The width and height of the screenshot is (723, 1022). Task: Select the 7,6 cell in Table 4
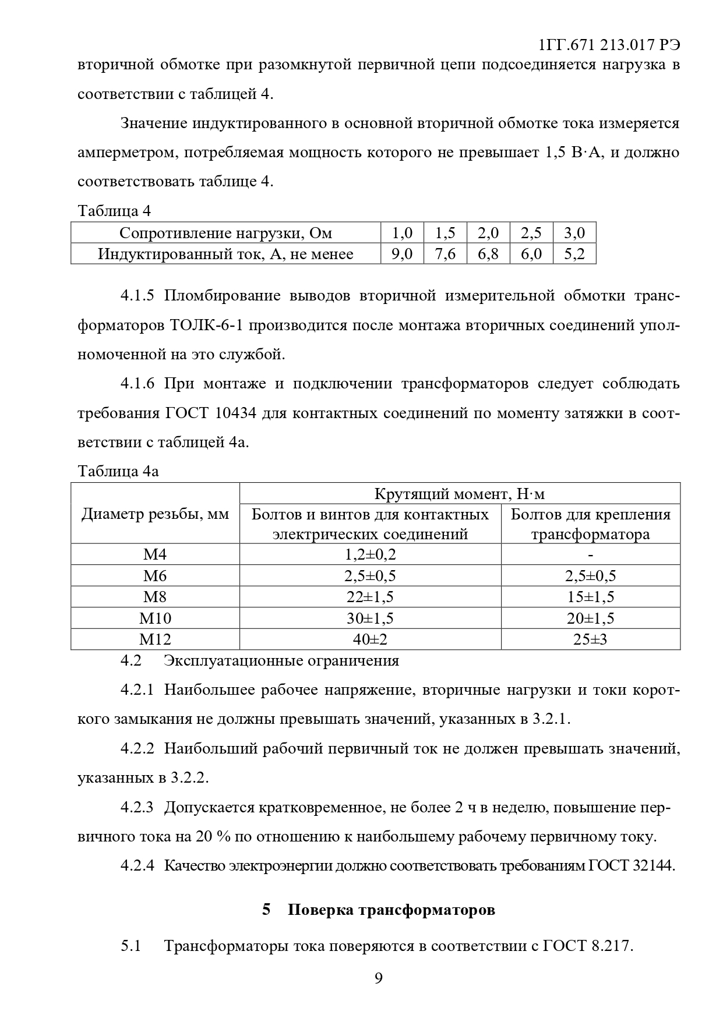click(445, 254)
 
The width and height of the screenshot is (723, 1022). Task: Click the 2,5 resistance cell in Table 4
click(531, 233)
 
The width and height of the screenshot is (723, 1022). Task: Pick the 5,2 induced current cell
click(574, 254)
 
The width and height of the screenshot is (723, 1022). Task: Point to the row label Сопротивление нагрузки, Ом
click(225, 233)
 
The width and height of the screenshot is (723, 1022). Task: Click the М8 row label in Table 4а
click(155, 597)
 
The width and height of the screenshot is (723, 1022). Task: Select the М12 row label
click(155, 639)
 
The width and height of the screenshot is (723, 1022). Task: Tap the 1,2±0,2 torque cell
click(370, 554)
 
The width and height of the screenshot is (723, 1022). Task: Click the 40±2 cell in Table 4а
click(370, 639)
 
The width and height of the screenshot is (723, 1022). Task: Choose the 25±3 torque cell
click(590, 639)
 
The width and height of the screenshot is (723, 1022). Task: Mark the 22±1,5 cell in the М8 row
click(370, 597)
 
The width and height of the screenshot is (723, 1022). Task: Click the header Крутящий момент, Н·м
click(460, 494)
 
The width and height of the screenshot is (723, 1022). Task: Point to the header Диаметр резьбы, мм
click(155, 514)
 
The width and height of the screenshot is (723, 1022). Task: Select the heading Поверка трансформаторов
click(391, 910)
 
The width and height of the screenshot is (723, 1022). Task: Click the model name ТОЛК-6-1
click(206, 325)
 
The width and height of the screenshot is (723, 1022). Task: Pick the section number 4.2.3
click(137, 808)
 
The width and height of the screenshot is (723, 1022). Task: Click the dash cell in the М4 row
click(590, 554)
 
